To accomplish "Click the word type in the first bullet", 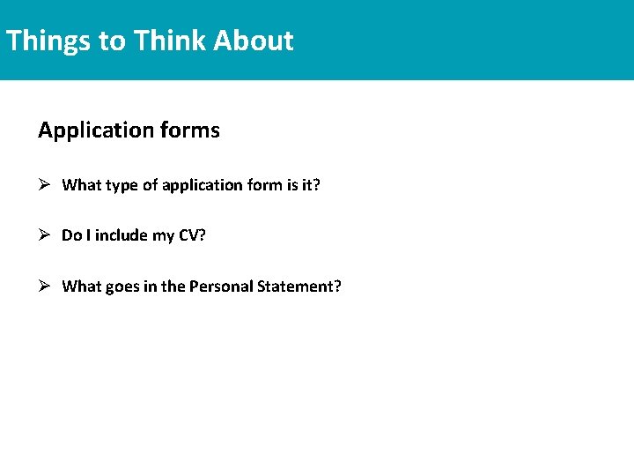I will click(x=123, y=186).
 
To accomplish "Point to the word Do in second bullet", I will click(x=70, y=235).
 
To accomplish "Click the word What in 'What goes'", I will click(x=82, y=286).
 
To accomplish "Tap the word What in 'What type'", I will click(x=82, y=185).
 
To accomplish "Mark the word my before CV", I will click(x=164, y=236).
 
